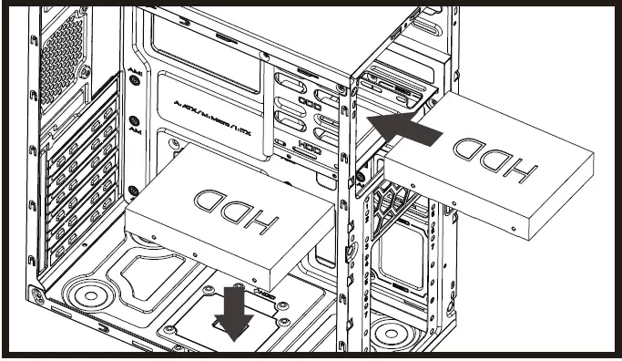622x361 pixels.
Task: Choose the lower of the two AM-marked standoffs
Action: pos(135,120)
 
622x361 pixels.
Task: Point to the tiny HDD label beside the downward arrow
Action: pos(263,294)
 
